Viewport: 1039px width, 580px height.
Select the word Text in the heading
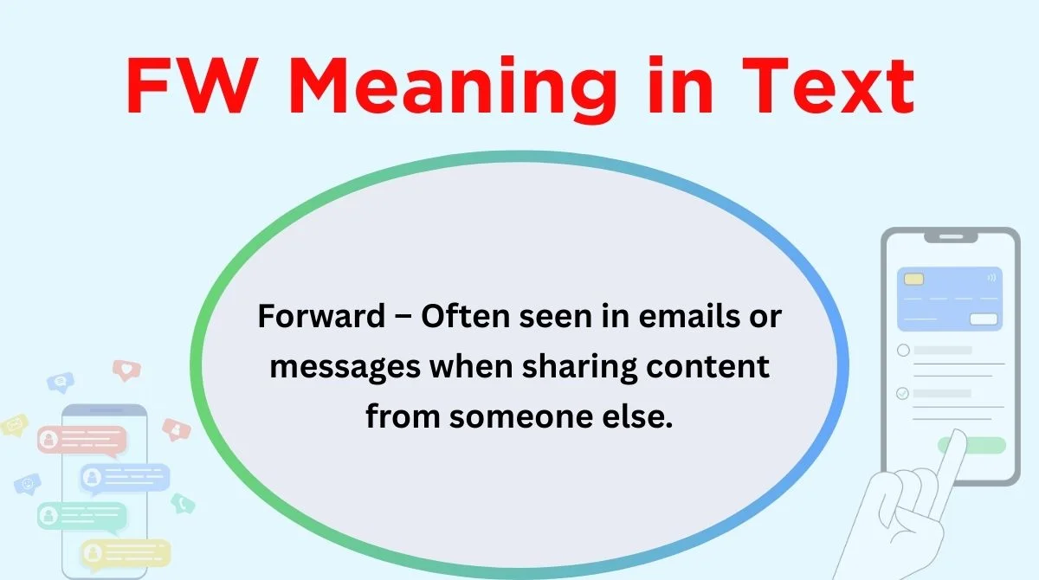pyautogui.click(x=828, y=86)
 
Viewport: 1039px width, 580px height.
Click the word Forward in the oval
pyautogui.click(x=321, y=316)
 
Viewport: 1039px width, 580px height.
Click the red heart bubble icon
pyautogui.click(x=126, y=370)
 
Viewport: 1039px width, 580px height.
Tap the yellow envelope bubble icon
pyautogui.click(x=15, y=425)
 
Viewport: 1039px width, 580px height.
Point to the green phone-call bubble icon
pyautogui.click(x=183, y=503)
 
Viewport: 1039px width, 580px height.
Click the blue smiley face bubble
pyautogui.click(x=28, y=485)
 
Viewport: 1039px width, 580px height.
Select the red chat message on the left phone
pyautogui.click(x=81, y=440)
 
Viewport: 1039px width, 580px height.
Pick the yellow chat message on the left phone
pyautogui.click(x=126, y=553)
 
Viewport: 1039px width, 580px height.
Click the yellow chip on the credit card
pyautogui.click(x=913, y=279)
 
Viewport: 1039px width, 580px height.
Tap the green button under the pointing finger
pyautogui.click(x=971, y=445)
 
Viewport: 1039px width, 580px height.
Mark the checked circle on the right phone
pyautogui.click(x=902, y=394)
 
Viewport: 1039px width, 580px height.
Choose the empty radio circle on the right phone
pyautogui.click(x=903, y=350)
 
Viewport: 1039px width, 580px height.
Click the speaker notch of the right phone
pyautogui.click(x=951, y=237)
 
